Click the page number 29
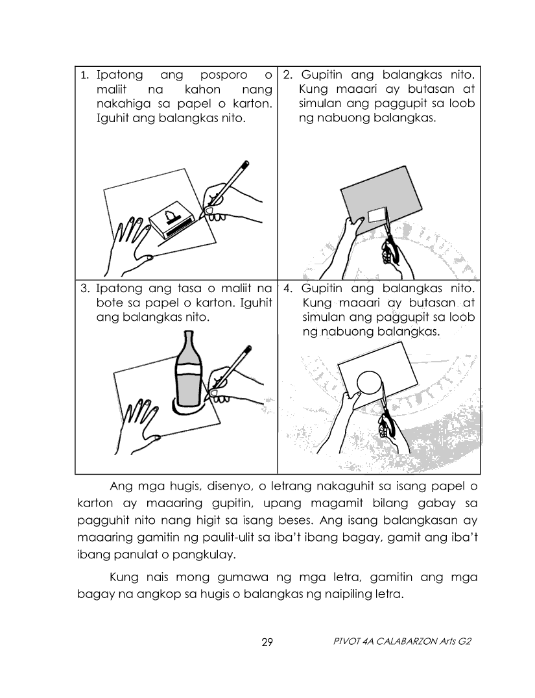[x=267, y=642]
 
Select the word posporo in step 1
[x=224, y=75]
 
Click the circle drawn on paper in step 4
[x=369, y=382]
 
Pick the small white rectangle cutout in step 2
[x=377, y=214]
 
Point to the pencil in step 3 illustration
[x=230, y=370]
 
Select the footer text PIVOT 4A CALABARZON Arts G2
[x=402, y=642]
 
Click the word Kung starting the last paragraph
[x=124, y=578]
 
